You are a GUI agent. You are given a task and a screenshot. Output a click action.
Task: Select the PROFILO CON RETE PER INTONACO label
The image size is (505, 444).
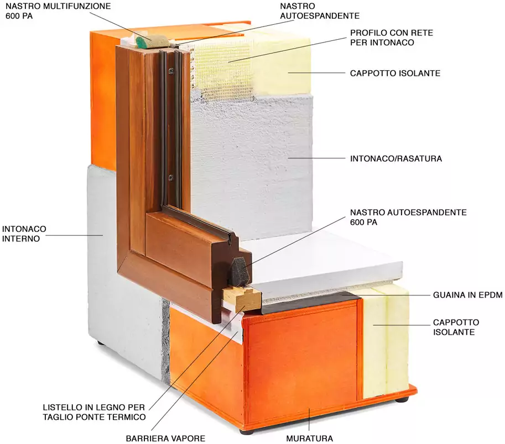[391, 38]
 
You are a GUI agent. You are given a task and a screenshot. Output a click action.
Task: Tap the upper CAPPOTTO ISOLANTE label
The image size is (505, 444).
[395, 73]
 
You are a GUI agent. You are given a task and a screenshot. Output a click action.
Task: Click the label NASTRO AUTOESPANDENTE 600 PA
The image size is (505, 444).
[408, 217]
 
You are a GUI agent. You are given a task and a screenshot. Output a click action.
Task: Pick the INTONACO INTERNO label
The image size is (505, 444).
[24, 234]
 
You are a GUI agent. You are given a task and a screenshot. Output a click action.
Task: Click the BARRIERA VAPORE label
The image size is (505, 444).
[165, 438]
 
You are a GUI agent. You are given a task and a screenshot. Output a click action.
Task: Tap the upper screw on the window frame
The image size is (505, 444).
[171, 70]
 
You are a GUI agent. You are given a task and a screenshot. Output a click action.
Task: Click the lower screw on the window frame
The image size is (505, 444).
[170, 177]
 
